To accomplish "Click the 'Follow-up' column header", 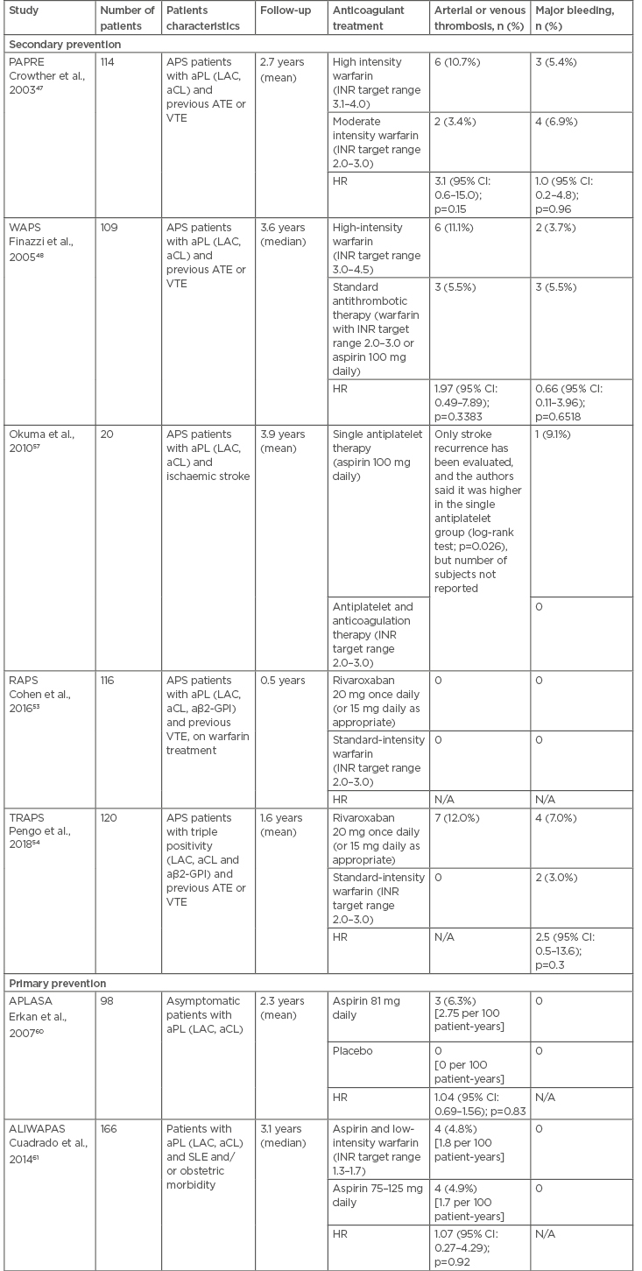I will point(281,18).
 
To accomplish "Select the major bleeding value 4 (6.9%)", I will point(558,121).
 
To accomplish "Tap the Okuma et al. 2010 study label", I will point(38,441).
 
